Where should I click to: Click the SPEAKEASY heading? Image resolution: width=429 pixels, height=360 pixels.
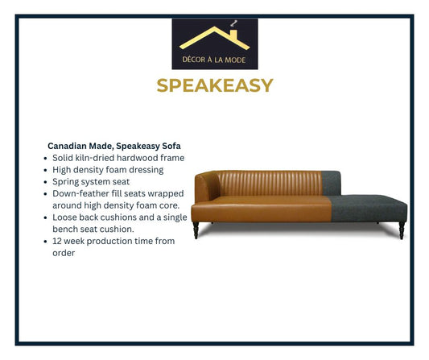click(214, 85)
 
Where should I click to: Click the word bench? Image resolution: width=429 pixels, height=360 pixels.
click(66, 230)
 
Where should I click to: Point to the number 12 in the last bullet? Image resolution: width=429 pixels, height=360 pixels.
click(58, 241)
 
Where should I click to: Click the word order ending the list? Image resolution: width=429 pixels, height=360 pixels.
click(64, 253)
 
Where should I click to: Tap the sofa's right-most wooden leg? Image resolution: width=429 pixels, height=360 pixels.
click(400, 231)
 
